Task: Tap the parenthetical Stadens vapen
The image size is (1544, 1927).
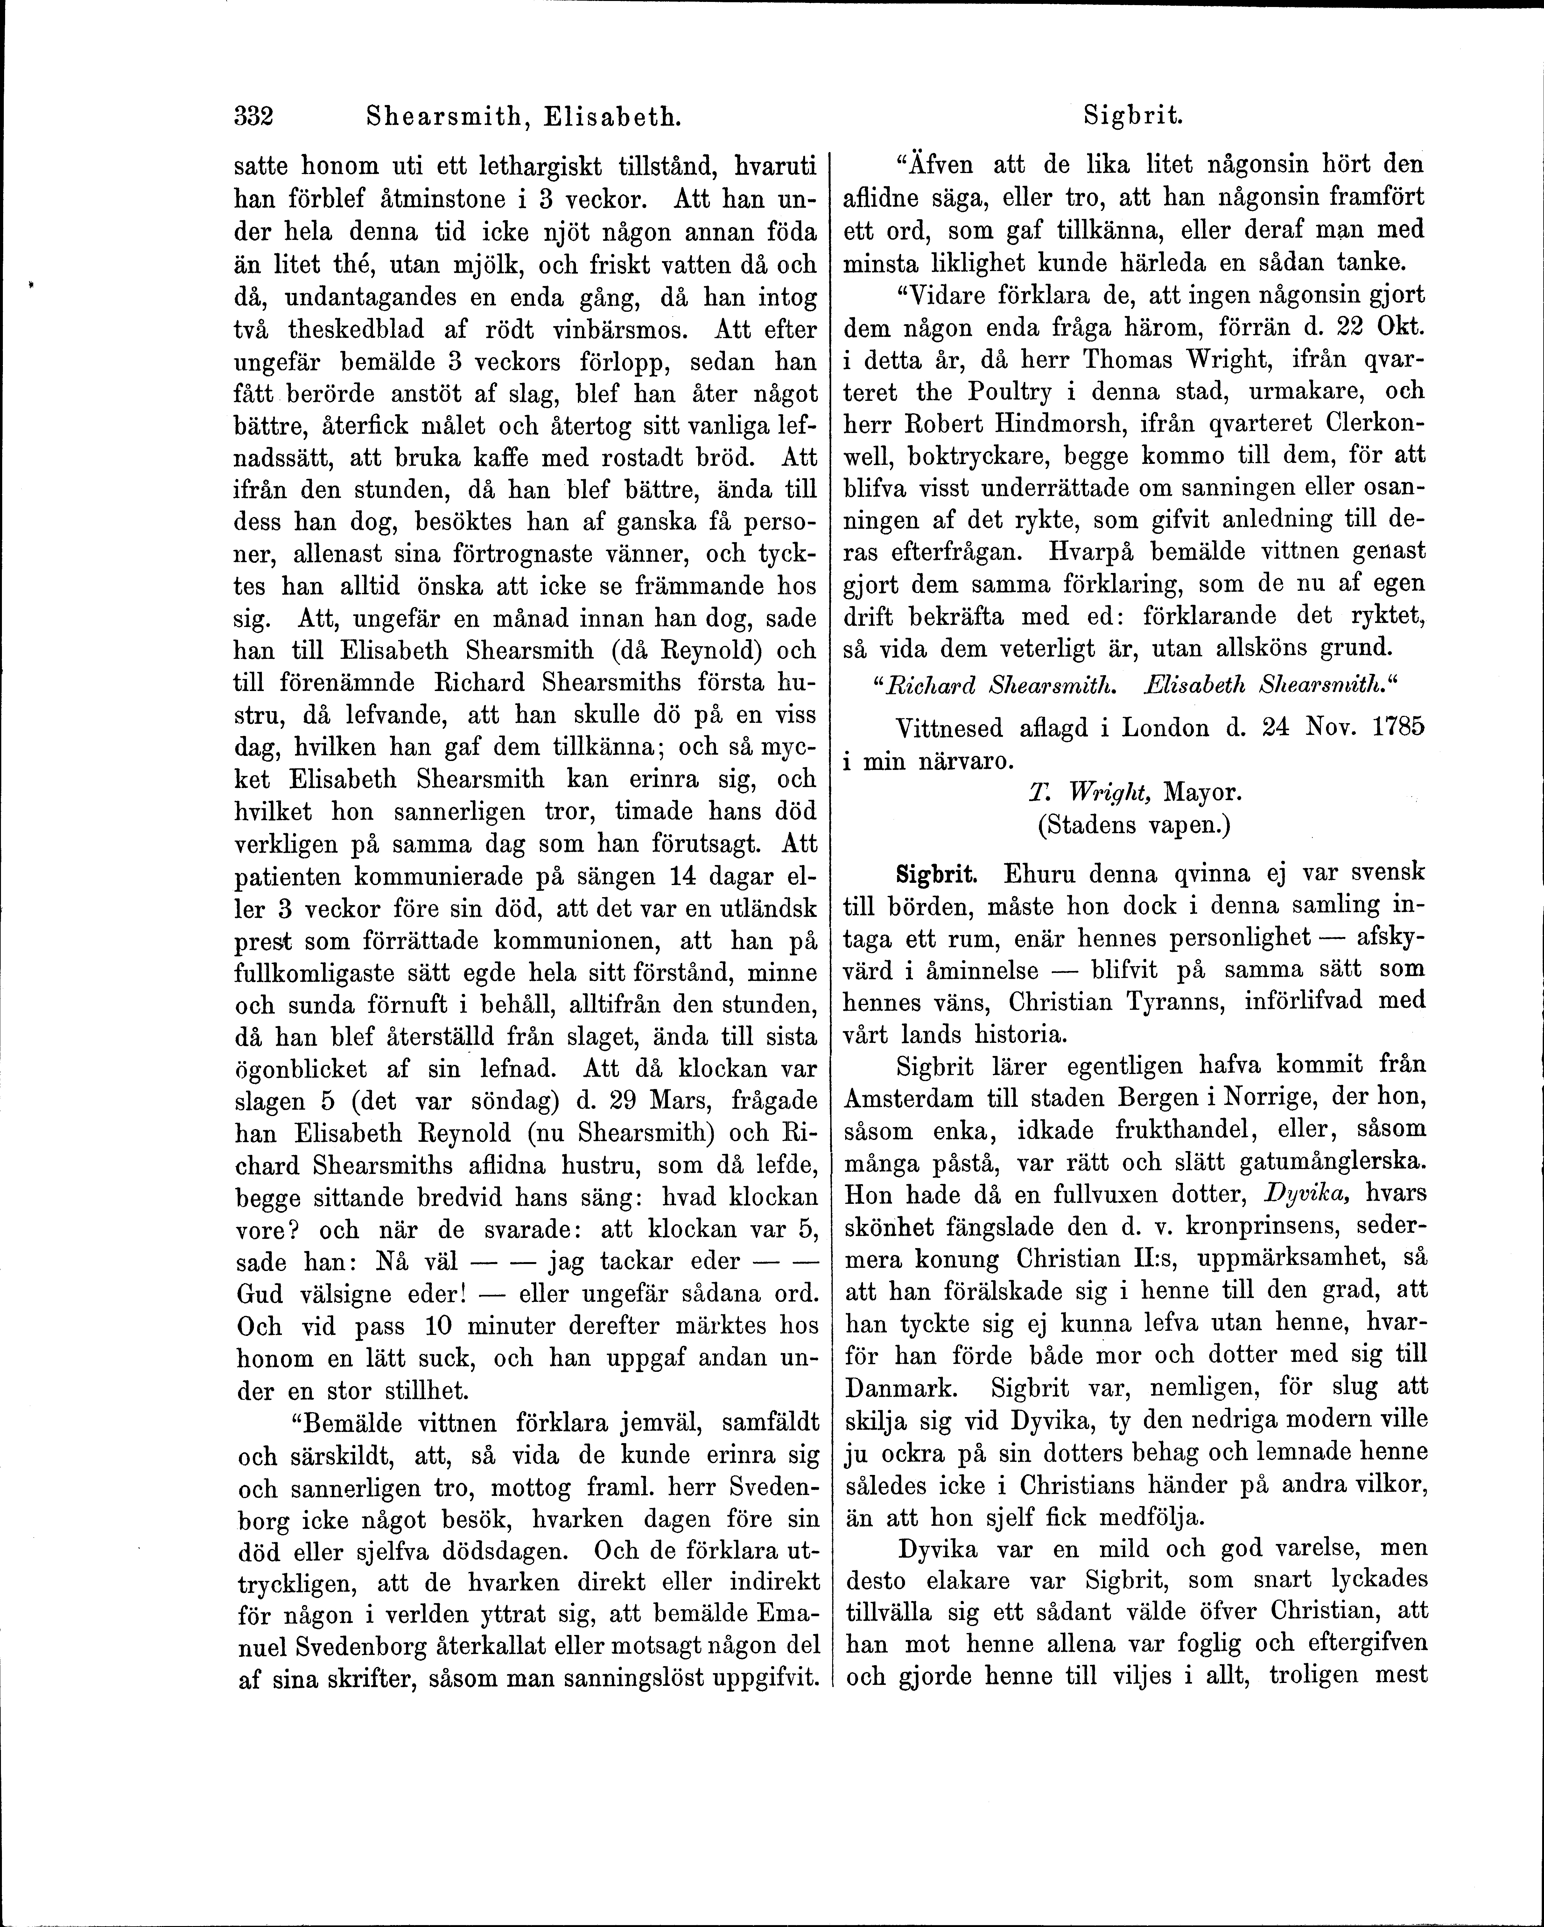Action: [x=1133, y=824]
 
